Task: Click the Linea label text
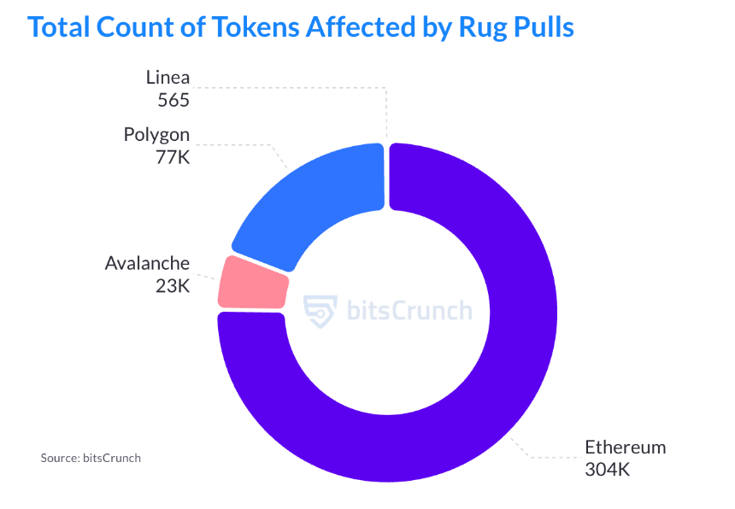point(168,78)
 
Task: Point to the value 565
point(173,99)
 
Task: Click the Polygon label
point(156,135)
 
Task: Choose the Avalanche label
point(147,263)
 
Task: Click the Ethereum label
point(625,448)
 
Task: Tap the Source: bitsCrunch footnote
point(91,458)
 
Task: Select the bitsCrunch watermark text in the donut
point(409,309)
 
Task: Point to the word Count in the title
point(129,27)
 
